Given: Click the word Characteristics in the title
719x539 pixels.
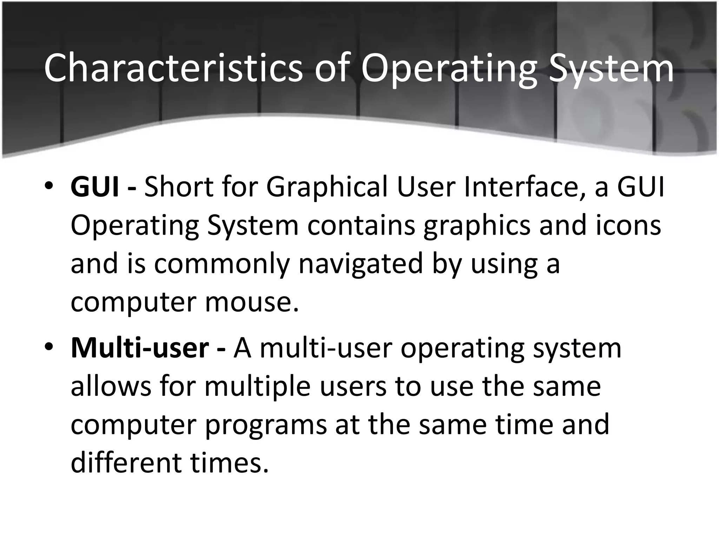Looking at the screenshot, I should [173, 68].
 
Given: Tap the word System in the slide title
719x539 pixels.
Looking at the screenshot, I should [611, 68].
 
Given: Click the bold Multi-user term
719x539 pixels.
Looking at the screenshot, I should [140, 348].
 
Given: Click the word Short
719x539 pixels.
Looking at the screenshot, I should [179, 187].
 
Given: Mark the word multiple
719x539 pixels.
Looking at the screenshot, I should [258, 387].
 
